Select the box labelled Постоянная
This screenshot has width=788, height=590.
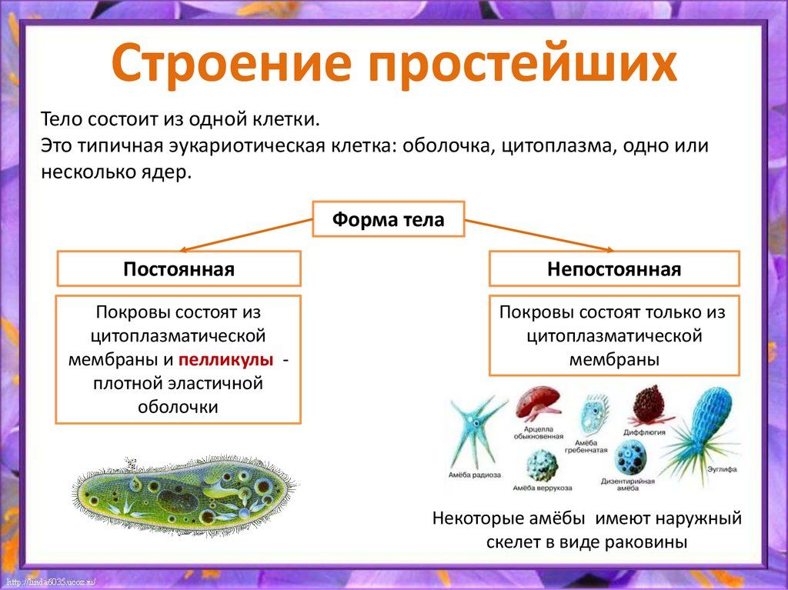click(179, 269)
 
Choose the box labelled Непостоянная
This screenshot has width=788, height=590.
click(614, 269)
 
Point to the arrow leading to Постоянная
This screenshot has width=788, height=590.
click(246, 235)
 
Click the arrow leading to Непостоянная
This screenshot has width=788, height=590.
click(539, 235)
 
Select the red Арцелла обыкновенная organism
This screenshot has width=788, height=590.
click(536, 403)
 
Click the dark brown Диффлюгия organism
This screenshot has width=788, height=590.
click(648, 405)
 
